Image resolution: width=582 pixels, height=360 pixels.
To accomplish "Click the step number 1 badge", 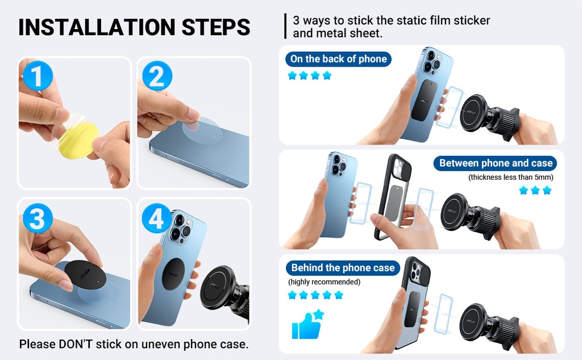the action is coord(38,76).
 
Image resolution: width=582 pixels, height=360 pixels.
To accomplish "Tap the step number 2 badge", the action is coord(157,76).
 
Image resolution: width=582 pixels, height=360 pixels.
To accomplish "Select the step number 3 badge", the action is coord(38,218).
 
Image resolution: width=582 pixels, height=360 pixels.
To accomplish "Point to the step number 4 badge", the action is coord(157,218).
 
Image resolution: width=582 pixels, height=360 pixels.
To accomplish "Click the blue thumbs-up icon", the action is coord(307,324).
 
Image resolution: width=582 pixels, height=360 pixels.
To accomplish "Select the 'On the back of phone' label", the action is coord(338,59).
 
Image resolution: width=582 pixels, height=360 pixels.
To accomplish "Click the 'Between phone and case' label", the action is coord(495,163).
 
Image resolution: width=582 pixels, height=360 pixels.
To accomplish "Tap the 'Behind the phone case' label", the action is coord(343,268).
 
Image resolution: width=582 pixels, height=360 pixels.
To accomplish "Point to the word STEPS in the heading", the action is coord(216,27).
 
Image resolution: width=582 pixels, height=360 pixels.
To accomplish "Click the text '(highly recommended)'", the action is coord(324,282).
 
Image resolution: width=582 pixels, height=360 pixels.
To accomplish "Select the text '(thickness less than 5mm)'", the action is coord(511,177).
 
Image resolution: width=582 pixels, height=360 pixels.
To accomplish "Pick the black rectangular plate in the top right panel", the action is coord(424,100).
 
